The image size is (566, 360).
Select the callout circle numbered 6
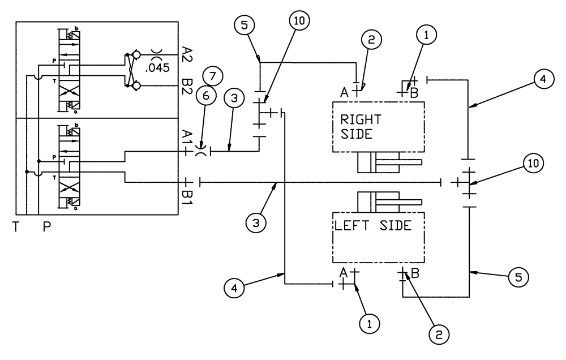point(205,97)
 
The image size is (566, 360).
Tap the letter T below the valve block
point(16,227)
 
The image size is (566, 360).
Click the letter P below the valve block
point(48,227)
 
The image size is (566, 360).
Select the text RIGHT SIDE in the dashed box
point(361,127)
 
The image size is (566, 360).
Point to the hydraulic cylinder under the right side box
point(389,162)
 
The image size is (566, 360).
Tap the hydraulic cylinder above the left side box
point(389,201)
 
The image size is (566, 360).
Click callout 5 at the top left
point(245,25)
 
